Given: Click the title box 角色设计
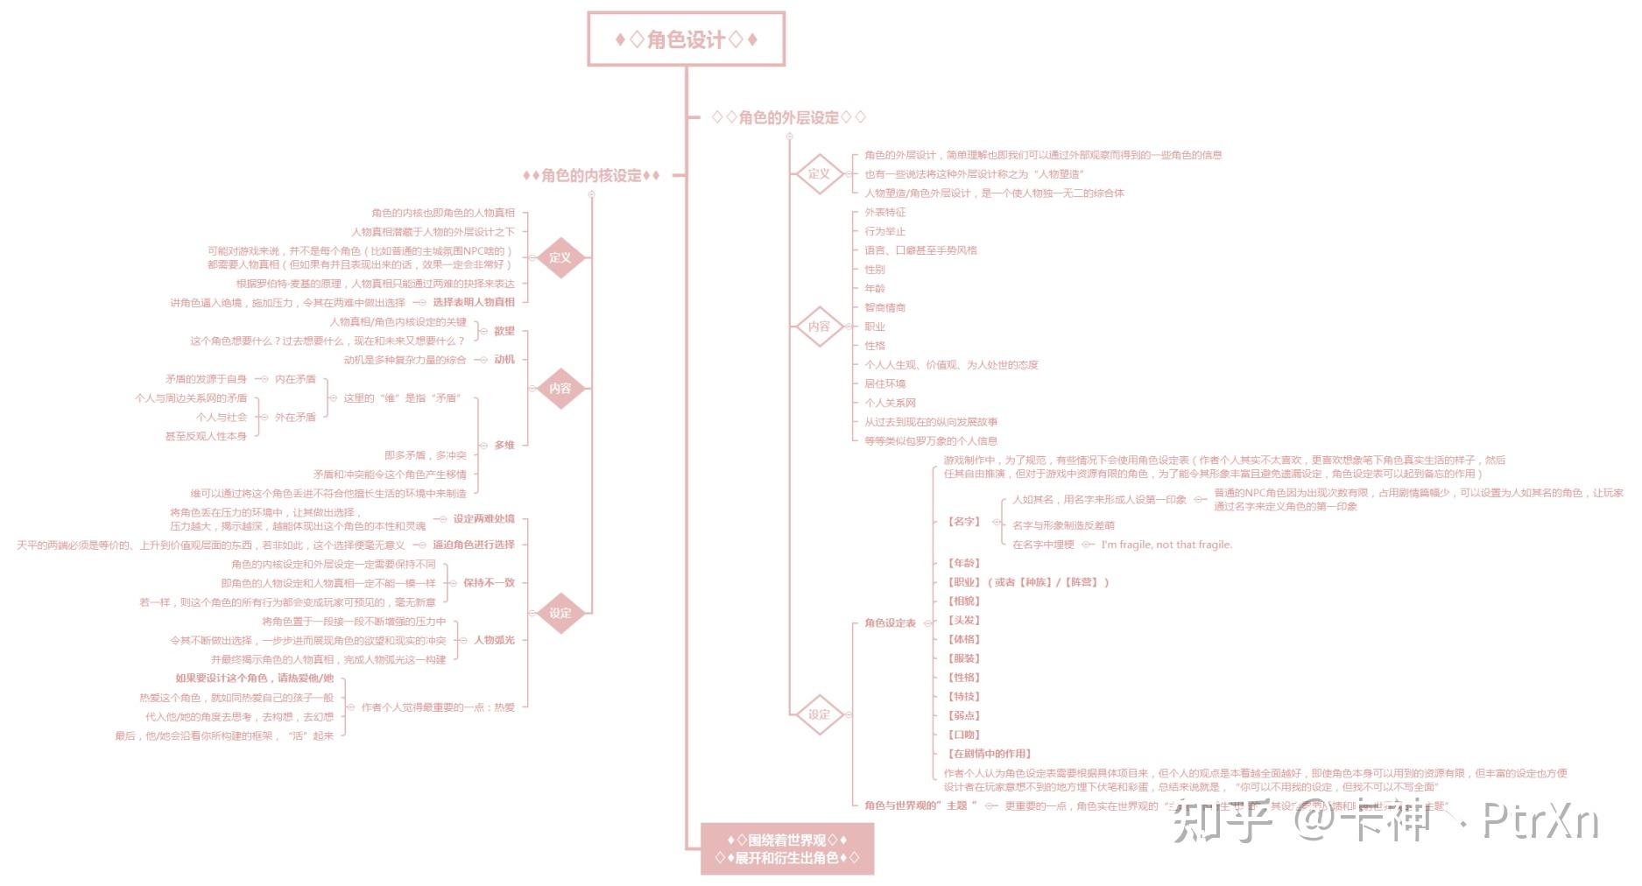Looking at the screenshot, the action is (686, 39).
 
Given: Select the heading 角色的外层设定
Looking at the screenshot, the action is (788, 117).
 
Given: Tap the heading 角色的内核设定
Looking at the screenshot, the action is (591, 176).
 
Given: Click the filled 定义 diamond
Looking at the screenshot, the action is (560, 257).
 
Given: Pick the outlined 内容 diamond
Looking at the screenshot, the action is (819, 327).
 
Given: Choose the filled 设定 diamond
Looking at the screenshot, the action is (560, 613).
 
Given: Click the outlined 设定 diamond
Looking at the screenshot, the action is (819, 714).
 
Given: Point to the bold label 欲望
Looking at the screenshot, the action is (504, 331).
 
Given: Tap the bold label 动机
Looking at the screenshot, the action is (504, 360).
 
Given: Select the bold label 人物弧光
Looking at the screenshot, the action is (494, 640).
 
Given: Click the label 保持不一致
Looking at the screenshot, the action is (489, 583).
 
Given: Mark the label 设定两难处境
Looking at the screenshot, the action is (483, 519).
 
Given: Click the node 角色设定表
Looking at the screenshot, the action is (890, 623).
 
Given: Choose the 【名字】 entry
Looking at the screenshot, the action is (963, 522).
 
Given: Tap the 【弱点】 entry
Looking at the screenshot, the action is (964, 716).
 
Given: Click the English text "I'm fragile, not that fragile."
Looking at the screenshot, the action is (1166, 545).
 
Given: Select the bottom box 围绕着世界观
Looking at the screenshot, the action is (786, 849).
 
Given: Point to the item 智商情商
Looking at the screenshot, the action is (884, 308).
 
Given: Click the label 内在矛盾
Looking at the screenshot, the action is (295, 380).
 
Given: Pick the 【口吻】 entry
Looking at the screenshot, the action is (964, 735).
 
